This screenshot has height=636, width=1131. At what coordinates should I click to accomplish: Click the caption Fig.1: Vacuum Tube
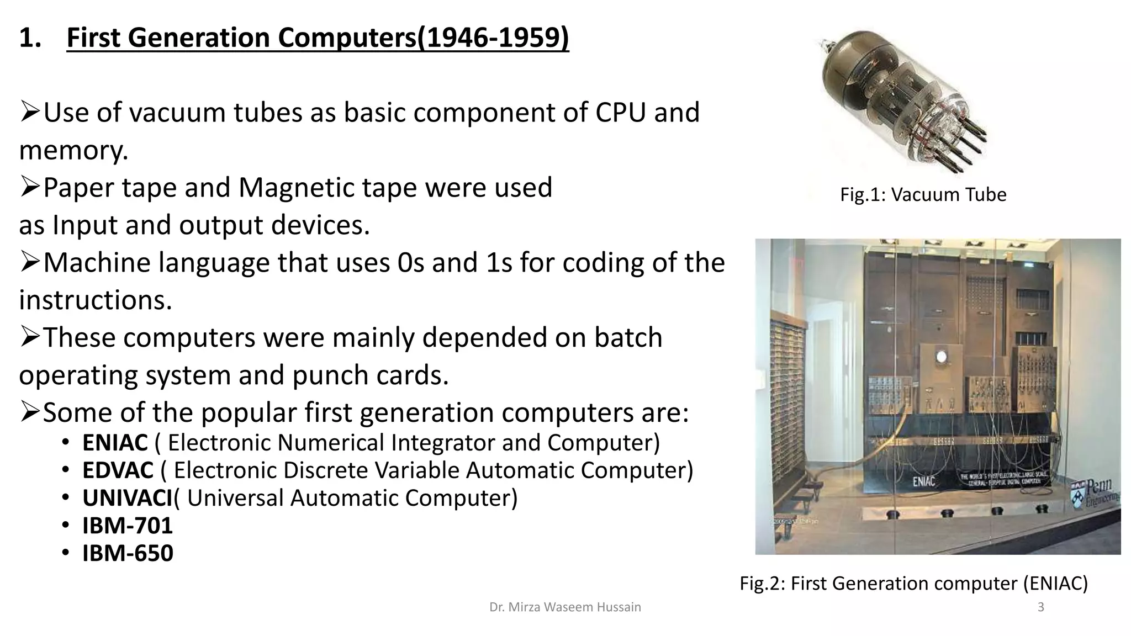[923, 194]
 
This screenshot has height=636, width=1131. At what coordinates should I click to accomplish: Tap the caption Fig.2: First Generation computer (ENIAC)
[913, 583]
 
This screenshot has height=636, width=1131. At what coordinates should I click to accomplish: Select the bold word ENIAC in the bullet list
[115, 442]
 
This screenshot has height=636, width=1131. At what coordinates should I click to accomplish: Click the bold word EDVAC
[118, 470]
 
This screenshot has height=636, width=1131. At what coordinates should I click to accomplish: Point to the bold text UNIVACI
[127, 497]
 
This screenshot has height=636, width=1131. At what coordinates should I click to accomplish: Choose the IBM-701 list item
[128, 525]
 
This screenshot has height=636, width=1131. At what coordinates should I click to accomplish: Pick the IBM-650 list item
[128, 553]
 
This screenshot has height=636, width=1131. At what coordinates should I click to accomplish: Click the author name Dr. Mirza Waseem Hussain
[565, 607]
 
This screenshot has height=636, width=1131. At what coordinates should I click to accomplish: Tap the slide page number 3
[1041, 607]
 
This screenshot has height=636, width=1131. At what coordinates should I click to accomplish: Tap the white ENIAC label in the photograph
[924, 481]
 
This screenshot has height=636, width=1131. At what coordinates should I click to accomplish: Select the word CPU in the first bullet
[620, 112]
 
